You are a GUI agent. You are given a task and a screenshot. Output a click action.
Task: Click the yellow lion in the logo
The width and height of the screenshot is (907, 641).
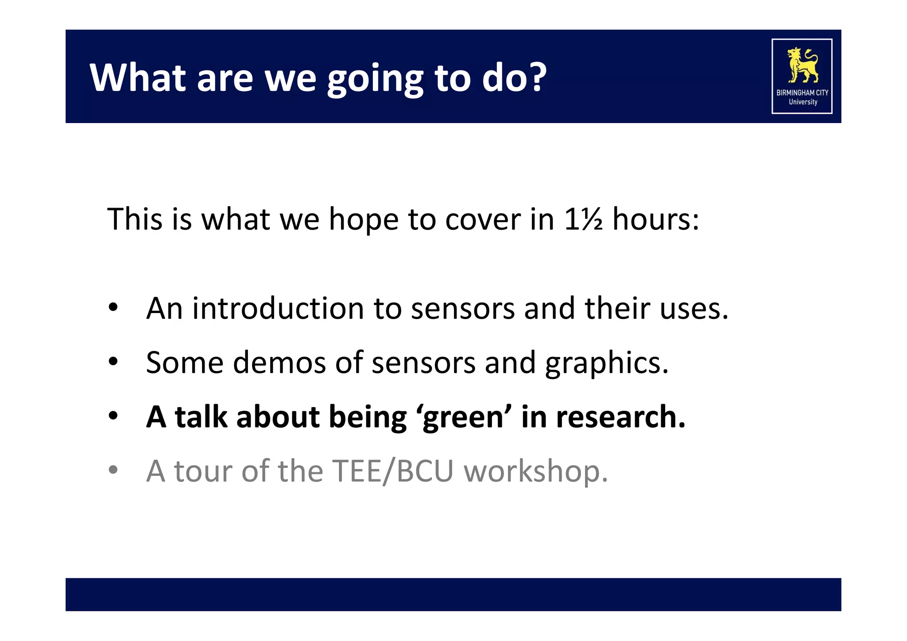click(802, 65)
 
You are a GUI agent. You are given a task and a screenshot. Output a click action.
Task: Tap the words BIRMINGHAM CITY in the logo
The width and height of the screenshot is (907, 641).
click(802, 93)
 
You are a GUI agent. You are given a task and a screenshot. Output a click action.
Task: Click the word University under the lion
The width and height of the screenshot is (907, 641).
click(802, 102)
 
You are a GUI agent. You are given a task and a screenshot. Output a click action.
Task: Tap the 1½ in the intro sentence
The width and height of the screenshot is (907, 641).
click(583, 219)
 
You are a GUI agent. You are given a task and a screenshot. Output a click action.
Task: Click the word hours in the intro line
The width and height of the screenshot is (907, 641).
click(651, 219)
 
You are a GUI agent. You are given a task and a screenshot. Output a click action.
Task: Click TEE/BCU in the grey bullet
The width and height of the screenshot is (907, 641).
click(392, 471)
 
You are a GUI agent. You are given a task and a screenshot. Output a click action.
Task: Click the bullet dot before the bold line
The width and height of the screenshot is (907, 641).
click(113, 416)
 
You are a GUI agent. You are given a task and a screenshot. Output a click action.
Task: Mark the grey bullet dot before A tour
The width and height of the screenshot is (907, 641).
click(113, 470)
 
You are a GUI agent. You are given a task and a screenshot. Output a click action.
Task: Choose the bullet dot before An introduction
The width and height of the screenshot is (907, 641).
click(113, 307)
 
